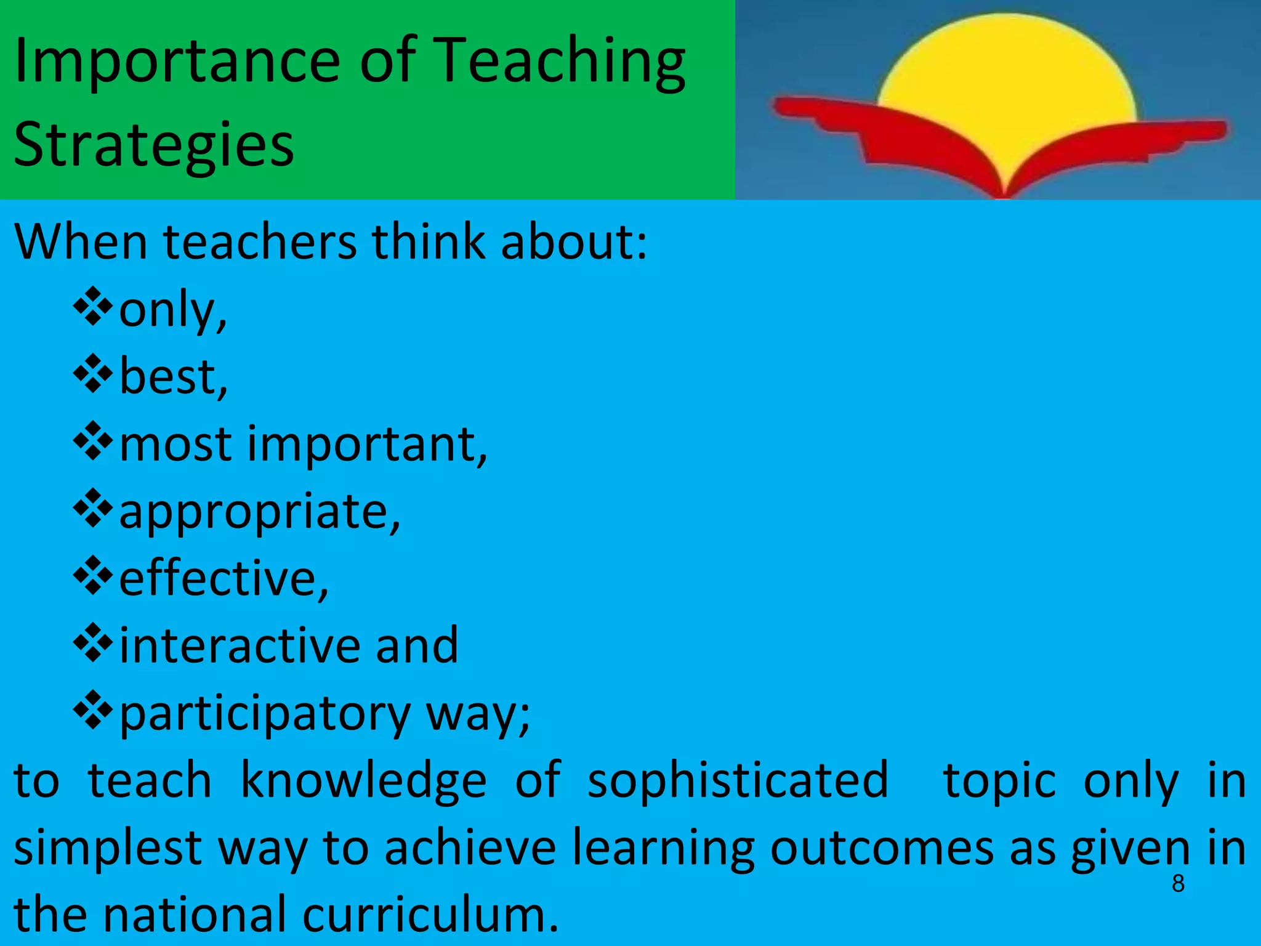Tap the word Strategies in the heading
click(154, 145)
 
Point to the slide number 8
click(1178, 884)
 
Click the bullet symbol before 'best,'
click(93, 374)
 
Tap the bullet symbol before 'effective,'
click(93, 576)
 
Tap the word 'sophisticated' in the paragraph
click(738, 780)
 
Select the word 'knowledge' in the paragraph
click(363, 780)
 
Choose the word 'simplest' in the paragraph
click(108, 848)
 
